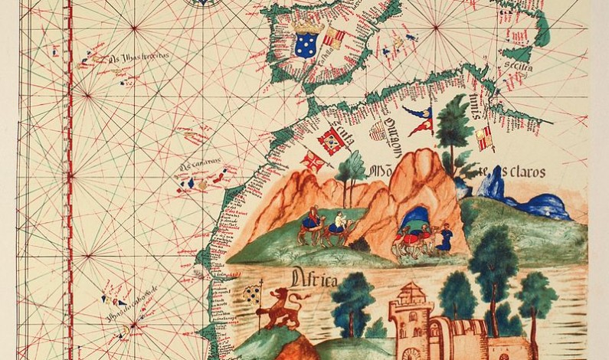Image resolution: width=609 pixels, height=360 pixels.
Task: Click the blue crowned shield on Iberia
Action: click(307, 42)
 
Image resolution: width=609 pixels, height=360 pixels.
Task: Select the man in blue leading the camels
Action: click(444, 237)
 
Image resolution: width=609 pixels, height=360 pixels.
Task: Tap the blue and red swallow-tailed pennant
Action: click(421, 119)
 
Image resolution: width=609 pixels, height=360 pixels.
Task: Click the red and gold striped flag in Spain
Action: click(333, 38)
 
